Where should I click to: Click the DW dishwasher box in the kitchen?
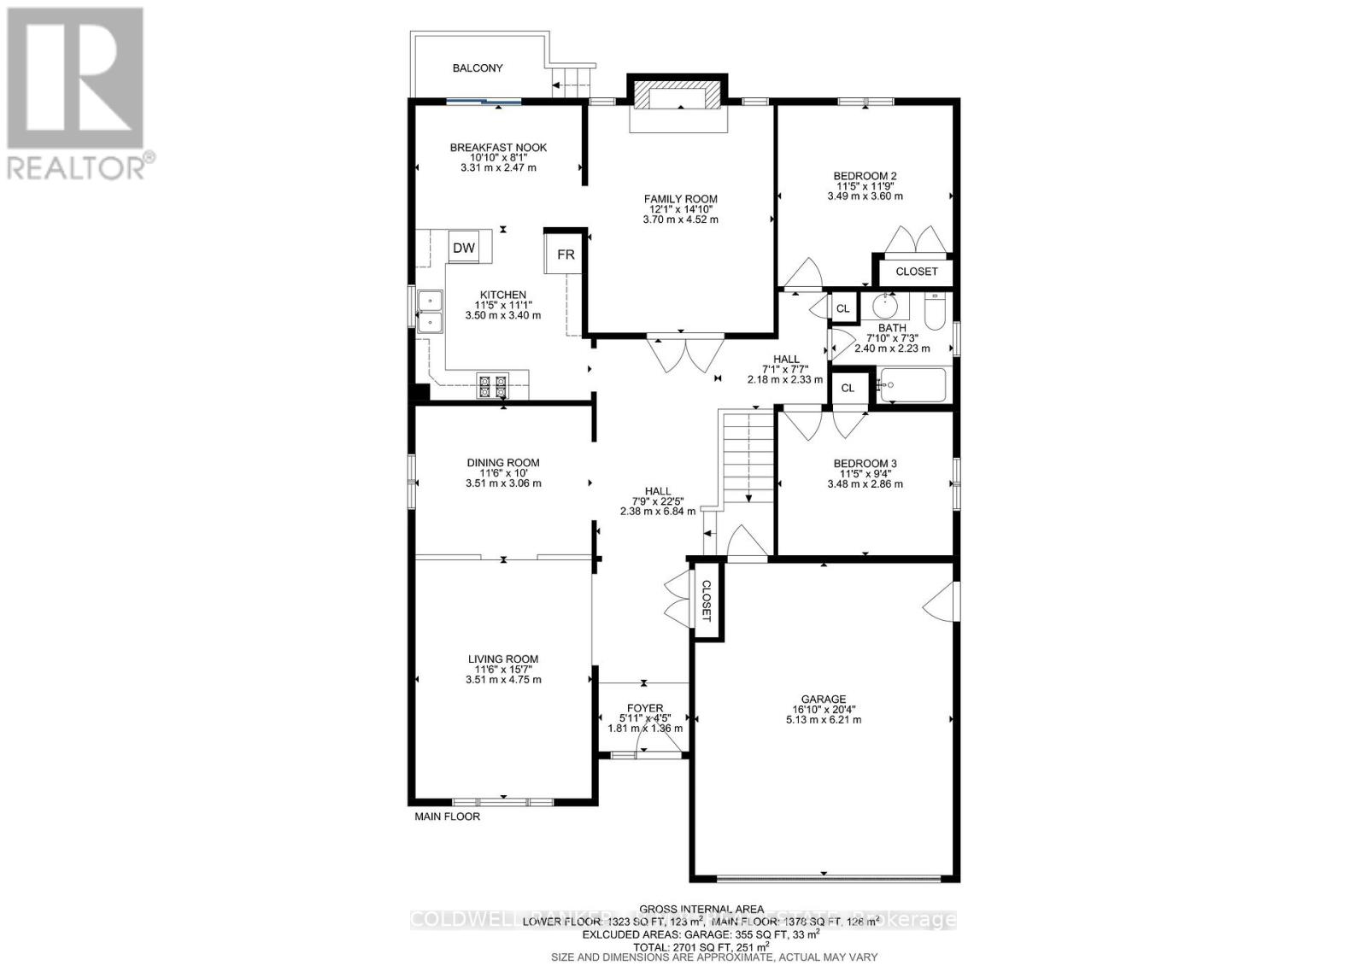coord(464,249)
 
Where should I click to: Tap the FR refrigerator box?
coord(566,255)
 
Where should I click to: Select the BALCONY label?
coord(478,68)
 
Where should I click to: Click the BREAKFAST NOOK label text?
coord(498,148)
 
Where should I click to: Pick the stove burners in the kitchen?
coord(492,387)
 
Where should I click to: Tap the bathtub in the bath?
coord(912,385)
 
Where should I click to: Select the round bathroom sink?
coord(885,306)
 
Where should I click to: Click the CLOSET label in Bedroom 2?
coord(916,272)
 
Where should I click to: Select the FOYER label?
coord(644,708)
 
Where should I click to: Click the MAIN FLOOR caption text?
coord(447,817)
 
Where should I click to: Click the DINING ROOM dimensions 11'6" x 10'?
coord(503,473)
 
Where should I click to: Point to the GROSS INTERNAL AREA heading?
coord(701,909)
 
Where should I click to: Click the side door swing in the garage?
coord(938,601)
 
